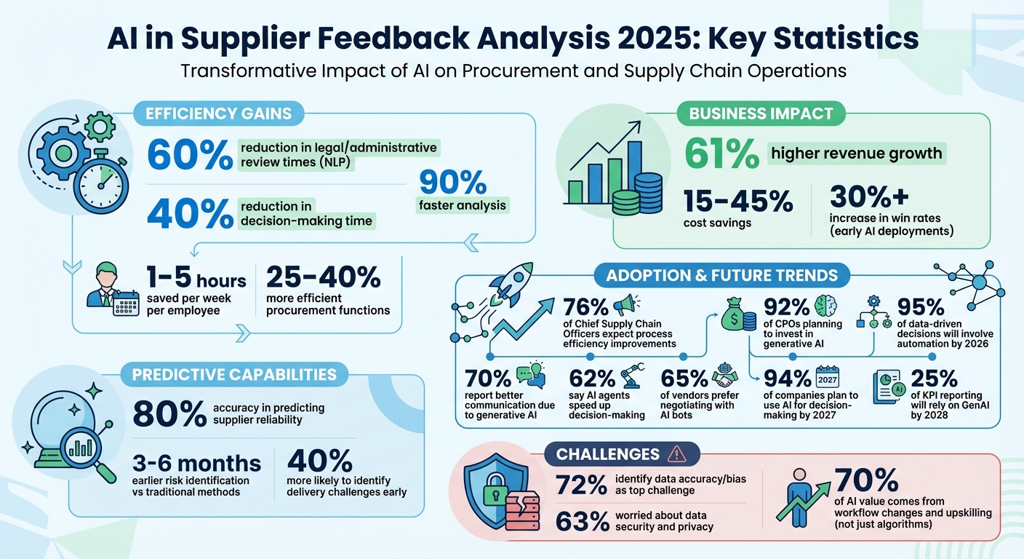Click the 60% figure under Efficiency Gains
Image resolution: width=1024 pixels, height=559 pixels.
tap(188, 156)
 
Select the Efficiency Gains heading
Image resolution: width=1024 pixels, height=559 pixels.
tap(218, 114)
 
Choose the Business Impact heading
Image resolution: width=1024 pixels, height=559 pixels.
tap(761, 114)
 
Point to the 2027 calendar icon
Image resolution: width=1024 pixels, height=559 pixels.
tap(827, 379)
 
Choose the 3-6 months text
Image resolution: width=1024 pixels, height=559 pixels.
tap(196, 463)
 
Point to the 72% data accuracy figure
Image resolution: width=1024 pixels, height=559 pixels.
tap(581, 484)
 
